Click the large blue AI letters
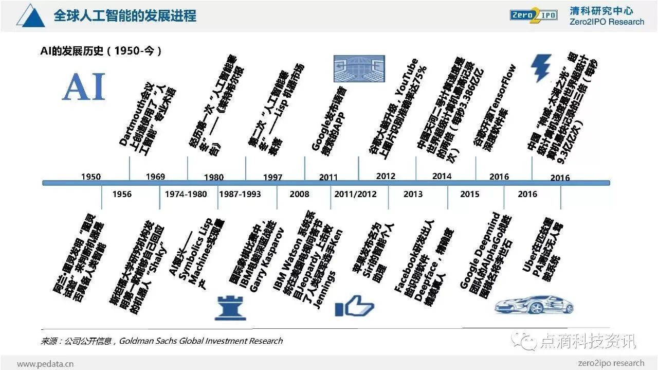click(x=84, y=86)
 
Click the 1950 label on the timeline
click(x=91, y=177)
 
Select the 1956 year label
click(x=122, y=194)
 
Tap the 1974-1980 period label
click(x=186, y=194)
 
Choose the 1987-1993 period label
click(x=240, y=194)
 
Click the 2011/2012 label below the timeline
click(x=355, y=194)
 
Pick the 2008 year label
click(x=299, y=194)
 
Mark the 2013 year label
click(x=413, y=194)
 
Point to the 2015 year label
click(x=470, y=194)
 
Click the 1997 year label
click(x=272, y=177)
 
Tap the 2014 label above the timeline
click(x=442, y=176)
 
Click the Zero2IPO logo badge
click(x=534, y=15)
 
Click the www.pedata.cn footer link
click(x=45, y=363)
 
